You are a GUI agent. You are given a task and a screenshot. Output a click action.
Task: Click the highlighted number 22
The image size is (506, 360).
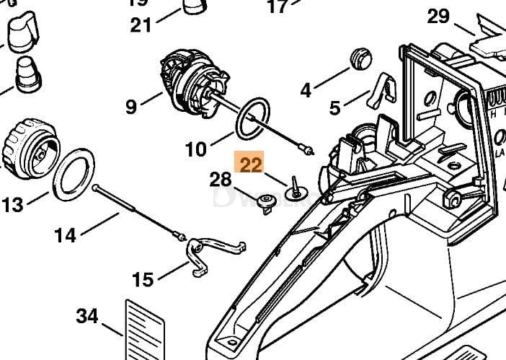(x=252, y=165)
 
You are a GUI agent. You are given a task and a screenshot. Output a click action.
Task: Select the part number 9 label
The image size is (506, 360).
(x=130, y=107)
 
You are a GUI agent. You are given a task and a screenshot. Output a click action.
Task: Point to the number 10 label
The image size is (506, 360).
(x=195, y=149)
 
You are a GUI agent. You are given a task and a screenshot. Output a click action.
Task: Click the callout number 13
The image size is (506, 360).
(x=13, y=205)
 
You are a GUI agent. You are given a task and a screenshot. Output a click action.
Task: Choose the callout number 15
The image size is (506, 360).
(x=143, y=278)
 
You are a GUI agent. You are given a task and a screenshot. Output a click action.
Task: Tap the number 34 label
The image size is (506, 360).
(x=87, y=316)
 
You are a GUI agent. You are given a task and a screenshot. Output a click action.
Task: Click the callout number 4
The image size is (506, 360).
(x=306, y=90)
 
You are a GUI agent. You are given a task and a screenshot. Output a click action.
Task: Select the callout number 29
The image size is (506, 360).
(x=439, y=16)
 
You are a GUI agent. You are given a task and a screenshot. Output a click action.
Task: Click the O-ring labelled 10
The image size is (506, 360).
(x=254, y=118)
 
